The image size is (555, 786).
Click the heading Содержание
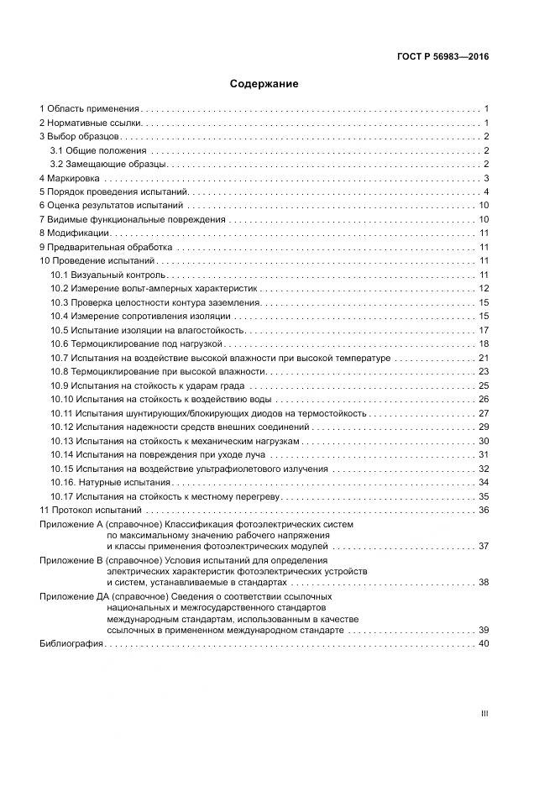(x=264, y=85)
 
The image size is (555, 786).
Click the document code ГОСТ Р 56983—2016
(x=442, y=57)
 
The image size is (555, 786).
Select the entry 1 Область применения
(x=89, y=109)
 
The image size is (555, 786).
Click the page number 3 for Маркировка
(x=486, y=179)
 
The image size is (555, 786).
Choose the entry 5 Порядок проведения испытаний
(x=107, y=192)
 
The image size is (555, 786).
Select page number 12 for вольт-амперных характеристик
(x=484, y=289)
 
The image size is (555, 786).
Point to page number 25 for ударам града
(x=484, y=385)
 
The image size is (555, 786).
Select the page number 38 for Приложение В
(x=484, y=582)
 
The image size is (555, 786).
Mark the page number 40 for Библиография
(x=484, y=644)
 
